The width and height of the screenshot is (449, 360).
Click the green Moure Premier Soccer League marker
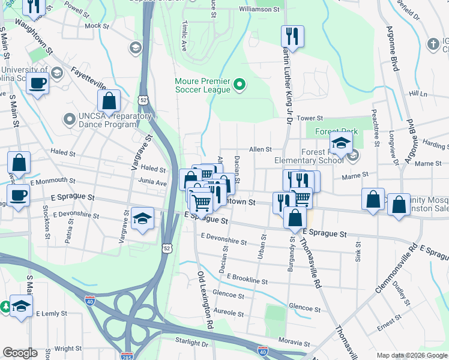[240, 85]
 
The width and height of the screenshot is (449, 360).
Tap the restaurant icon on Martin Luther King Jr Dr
[292, 36]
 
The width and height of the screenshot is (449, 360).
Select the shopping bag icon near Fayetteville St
[109, 100]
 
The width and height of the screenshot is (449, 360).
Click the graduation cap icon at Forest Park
[340, 145]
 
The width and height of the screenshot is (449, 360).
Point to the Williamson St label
[259, 10]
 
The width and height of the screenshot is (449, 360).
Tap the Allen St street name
[261, 149]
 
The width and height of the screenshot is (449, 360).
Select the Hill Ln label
[418, 94]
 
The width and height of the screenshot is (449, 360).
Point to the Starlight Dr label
[191, 343]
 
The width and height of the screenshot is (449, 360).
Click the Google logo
[20, 353]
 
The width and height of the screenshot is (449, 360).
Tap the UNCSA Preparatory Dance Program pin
[69, 119]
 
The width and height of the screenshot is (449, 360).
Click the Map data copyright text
[411, 355]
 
